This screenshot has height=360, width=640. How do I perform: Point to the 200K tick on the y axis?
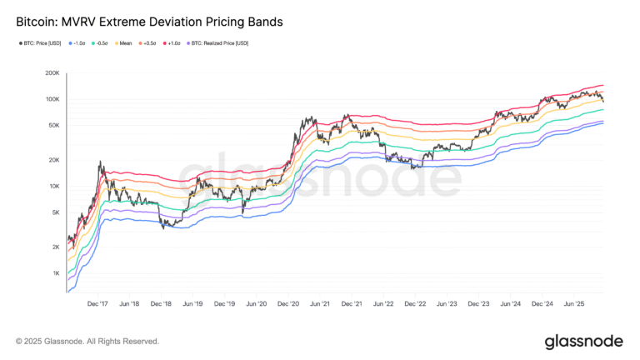(x=51, y=73)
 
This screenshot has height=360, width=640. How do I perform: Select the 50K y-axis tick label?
(x=52, y=126)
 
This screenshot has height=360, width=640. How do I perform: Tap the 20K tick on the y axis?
(x=52, y=160)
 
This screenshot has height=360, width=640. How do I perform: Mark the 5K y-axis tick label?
(x=54, y=212)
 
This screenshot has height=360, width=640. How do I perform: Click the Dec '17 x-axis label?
(x=98, y=305)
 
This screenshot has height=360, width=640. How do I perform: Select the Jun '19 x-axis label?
(x=193, y=305)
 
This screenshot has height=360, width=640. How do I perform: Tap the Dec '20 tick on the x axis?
(x=288, y=305)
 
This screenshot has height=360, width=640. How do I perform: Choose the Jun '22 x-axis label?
(x=383, y=305)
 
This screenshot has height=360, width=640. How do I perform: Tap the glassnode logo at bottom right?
(x=583, y=341)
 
